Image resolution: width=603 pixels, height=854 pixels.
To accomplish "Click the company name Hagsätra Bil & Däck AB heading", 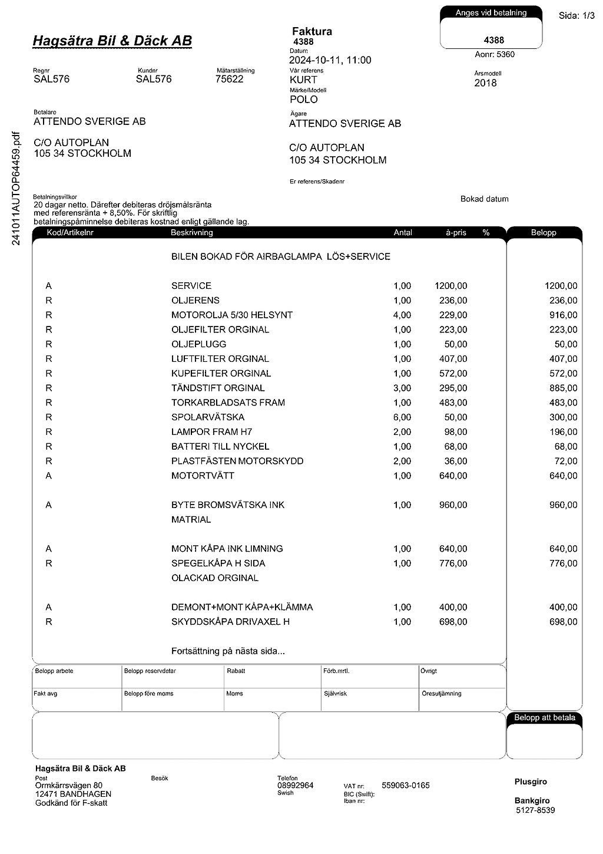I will point(112,41).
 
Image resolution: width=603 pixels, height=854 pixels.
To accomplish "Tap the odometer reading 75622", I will point(229,79).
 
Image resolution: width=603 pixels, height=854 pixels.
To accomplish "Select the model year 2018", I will point(485,83).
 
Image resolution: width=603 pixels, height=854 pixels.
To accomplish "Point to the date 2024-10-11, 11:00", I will point(330,60).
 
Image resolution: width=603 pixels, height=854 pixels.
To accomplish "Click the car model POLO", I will point(303,100).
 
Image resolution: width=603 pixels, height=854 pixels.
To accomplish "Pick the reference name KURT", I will point(303,80).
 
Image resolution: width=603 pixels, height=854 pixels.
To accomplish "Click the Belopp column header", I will point(543,233).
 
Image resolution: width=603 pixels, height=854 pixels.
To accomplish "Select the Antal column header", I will point(403,233).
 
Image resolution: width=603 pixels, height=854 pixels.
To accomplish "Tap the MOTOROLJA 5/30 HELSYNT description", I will point(231,315).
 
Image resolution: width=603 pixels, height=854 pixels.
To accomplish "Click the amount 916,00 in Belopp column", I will point(563,315).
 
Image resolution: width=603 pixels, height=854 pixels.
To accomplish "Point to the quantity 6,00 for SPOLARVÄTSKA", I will point(402,417).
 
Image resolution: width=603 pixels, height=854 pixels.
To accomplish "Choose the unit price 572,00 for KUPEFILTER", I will point(453,373).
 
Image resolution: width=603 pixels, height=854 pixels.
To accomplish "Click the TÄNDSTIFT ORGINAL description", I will point(218,388).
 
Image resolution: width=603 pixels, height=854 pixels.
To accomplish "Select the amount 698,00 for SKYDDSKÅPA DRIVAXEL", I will point(563,622).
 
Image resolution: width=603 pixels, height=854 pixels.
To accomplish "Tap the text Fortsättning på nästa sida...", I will point(228,651).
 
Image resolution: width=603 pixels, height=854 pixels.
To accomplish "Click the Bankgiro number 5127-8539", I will point(535,810).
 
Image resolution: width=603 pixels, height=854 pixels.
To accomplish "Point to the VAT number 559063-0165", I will point(405,786).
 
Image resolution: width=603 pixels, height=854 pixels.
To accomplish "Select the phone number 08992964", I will point(295,786).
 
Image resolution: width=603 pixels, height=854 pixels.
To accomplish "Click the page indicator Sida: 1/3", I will point(577,16).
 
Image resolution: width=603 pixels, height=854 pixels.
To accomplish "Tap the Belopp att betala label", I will point(544,718).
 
